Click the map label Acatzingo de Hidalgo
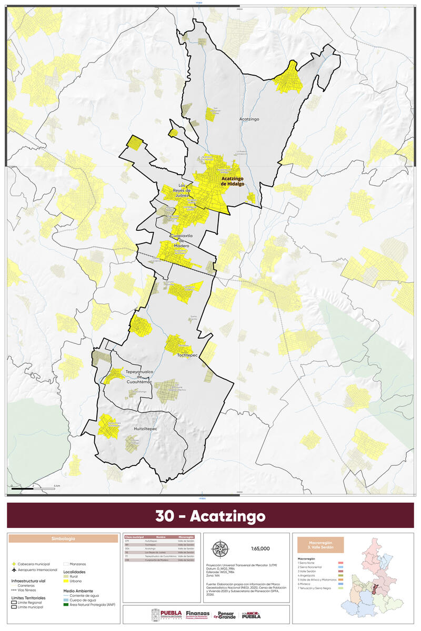tap(232, 181)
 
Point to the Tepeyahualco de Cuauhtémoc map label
tap(138, 376)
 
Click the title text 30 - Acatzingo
tap(210, 516)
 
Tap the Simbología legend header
tap(63, 539)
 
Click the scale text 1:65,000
tap(260, 548)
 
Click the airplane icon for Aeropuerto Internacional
tap(13, 569)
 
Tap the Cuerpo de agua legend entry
tap(84, 599)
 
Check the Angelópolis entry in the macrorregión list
tap(310, 575)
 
